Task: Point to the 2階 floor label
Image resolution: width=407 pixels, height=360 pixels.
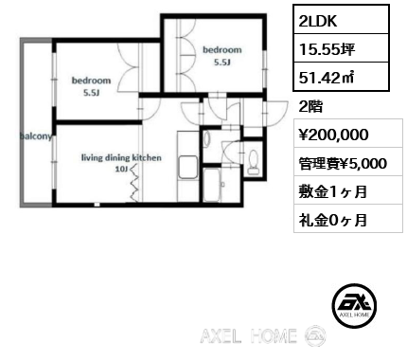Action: tap(311, 106)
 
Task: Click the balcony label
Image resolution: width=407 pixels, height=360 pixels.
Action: tap(35, 135)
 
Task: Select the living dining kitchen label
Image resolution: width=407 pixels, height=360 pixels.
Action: tap(121, 157)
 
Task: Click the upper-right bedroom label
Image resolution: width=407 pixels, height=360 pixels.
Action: tap(221, 49)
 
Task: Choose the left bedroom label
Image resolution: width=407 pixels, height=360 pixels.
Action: tap(91, 81)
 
